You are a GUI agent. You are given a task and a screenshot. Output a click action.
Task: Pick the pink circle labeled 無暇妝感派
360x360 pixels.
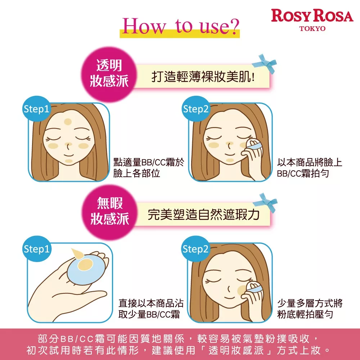(x=109, y=212)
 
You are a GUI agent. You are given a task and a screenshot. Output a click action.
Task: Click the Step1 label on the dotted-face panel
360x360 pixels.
(x=36, y=109)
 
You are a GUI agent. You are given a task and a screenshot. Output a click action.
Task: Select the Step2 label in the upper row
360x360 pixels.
(x=196, y=109)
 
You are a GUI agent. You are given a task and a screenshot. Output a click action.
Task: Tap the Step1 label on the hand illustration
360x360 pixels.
(x=36, y=249)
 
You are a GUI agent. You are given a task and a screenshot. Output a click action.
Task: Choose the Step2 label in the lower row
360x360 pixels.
(x=195, y=249)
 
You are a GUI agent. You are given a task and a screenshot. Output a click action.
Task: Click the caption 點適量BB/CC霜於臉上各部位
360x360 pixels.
(x=148, y=167)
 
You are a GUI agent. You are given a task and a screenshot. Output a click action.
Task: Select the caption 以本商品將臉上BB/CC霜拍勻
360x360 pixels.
(x=309, y=167)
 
